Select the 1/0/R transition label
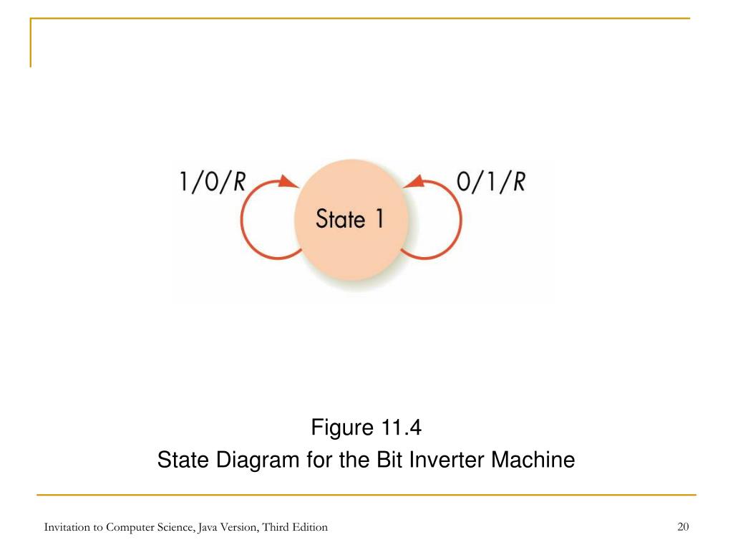[212, 182]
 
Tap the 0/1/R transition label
[491, 182]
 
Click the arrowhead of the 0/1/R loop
[413, 183]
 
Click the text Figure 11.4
[366, 428]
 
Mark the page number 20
[683, 527]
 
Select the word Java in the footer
[208, 527]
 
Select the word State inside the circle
[336, 218]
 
